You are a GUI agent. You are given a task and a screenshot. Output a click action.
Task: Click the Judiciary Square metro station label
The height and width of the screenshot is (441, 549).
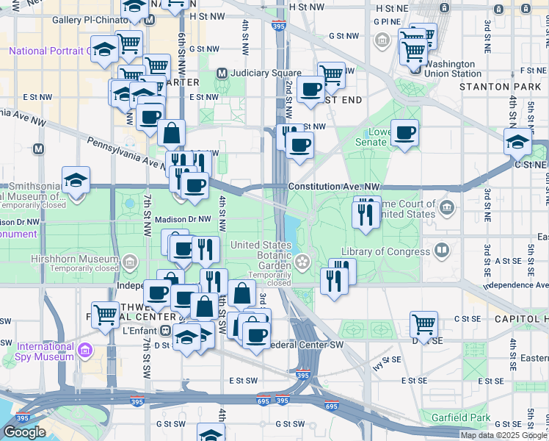[265, 73]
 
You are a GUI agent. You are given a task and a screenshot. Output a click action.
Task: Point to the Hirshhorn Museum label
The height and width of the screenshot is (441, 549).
[74, 259]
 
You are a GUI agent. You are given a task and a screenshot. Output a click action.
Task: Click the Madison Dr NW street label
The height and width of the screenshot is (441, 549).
[183, 218]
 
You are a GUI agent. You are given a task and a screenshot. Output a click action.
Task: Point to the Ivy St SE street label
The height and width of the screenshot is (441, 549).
[386, 360]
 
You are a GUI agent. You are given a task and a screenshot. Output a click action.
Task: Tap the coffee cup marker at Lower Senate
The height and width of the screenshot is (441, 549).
[404, 132]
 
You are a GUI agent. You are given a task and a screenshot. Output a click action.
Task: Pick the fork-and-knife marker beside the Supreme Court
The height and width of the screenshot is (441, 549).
[364, 213]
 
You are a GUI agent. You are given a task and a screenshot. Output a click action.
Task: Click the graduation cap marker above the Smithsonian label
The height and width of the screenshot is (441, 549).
[76, 179]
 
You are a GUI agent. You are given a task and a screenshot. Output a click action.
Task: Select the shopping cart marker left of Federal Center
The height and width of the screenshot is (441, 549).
[106, 315]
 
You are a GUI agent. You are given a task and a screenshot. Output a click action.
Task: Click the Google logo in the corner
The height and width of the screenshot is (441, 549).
[24, 432]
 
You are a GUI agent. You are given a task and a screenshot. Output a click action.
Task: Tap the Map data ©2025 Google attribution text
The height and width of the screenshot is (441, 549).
[503, 435]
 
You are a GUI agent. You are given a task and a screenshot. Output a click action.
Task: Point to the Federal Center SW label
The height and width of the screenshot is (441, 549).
[307, 344]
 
